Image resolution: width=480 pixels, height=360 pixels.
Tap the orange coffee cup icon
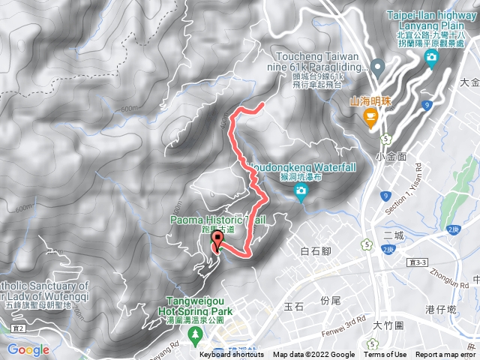(370, 116)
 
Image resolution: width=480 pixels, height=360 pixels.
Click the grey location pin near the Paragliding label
(378, 68)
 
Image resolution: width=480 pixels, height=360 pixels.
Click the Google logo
(28, 349)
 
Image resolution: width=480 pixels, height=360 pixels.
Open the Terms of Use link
(385, 355)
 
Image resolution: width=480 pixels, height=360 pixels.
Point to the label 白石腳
(315, 250)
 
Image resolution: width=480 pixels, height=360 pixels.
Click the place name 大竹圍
(390, 325)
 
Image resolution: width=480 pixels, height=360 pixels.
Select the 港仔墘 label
(440, 310)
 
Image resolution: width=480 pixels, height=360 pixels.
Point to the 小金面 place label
(391, 157)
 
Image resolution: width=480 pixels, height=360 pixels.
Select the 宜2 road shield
(19, 328)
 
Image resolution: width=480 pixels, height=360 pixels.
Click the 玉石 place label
(293, 306)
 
